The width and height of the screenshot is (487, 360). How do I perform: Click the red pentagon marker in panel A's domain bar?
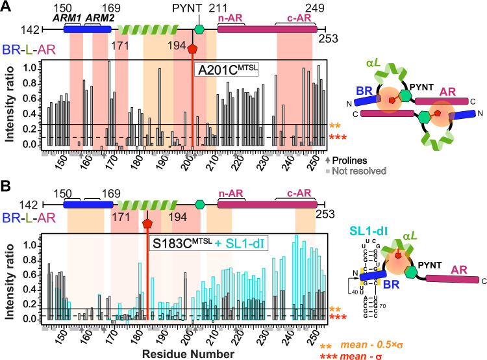tap(192, 48)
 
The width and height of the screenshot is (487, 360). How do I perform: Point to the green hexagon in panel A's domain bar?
tap(199, 29)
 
